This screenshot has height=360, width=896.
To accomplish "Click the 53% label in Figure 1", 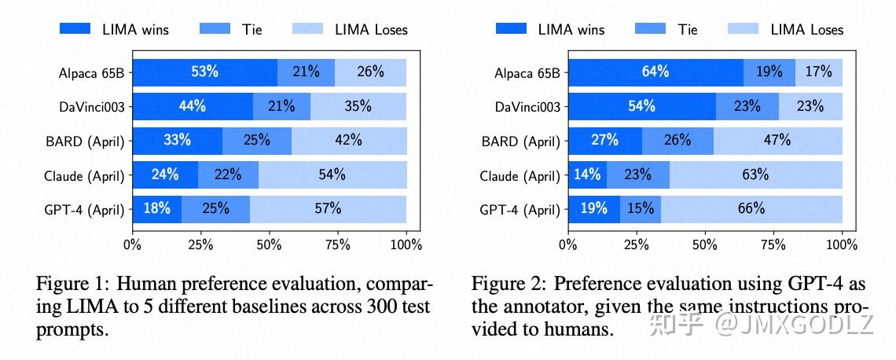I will click(x=204, y=72).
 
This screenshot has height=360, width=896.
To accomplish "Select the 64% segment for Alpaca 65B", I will click(x=655, y=72).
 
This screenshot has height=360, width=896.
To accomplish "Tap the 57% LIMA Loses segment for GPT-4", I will click(x=329, y=209).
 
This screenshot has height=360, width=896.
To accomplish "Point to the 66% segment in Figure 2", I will click(x=751, y=209).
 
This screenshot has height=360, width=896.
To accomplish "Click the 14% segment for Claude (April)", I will click(x=587, y=175).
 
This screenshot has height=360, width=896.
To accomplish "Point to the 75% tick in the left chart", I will click(x=338, y=244).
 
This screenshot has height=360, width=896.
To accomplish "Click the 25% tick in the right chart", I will click(x=637, y=244).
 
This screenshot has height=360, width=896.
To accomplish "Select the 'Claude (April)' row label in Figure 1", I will click(x=84, y=176).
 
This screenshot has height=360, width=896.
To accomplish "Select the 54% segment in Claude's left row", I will click(x=332, y=175).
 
